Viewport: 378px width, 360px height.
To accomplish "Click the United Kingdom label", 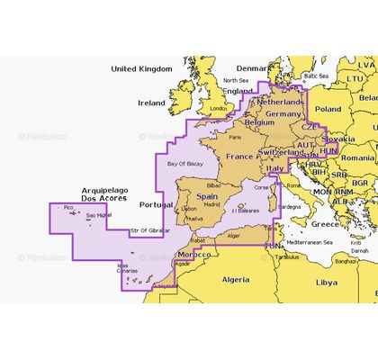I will (x=140, y=68).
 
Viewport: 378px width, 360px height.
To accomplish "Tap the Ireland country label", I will (x=151, y=103).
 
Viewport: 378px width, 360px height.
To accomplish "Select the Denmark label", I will (x=252, y=68).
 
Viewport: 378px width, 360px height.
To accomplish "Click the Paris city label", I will (x=236, y=138).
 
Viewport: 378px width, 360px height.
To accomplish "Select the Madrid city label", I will (x=212, y=204).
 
